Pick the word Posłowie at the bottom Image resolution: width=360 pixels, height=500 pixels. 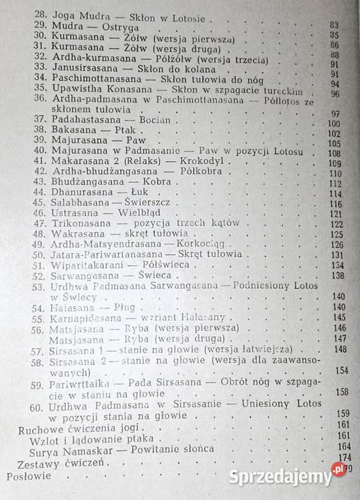tap(28, 477)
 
